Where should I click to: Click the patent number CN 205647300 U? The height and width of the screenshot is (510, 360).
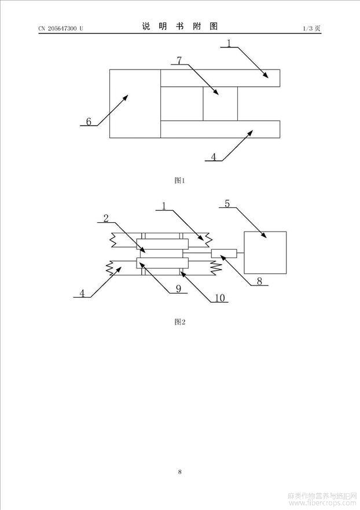(61, 28)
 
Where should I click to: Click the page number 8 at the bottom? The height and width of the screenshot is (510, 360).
(180, 472)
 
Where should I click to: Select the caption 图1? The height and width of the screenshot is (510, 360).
(180, 181)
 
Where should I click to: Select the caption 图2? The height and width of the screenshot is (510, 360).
(180, 322)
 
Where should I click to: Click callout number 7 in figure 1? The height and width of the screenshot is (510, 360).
(179, 60)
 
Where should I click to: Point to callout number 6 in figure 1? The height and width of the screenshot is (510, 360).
(89, 122)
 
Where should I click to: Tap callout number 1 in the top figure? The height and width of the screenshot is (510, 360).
(229, 43)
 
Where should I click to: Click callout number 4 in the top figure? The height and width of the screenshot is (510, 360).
(214, 157)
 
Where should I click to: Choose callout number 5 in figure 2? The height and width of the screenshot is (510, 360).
(227, 204)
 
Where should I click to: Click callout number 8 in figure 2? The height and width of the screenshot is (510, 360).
(259, 281)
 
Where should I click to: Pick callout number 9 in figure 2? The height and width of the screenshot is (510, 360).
(178, 288)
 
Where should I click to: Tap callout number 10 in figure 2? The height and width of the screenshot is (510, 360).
(220, 298)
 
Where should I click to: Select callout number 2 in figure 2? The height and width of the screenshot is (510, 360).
(106, 218)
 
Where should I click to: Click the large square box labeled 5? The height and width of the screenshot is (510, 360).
(265, 253)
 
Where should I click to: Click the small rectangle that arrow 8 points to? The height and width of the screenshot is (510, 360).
(224, 254)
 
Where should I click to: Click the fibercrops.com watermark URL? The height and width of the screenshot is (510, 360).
(323, 503)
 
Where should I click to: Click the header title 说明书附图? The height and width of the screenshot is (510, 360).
(180, 27)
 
